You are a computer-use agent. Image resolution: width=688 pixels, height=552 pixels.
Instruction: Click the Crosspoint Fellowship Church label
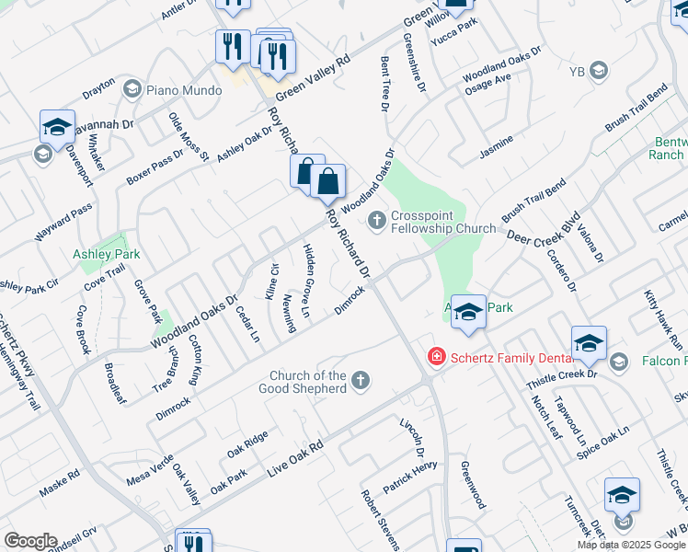(430, 222)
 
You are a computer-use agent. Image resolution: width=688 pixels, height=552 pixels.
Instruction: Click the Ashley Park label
(106, 253)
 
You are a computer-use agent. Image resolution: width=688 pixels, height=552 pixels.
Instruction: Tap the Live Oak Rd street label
(295, 457)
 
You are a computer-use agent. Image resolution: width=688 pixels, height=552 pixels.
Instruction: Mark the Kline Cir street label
(272, 281)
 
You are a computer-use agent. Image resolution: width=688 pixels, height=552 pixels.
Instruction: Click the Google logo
(30, 541)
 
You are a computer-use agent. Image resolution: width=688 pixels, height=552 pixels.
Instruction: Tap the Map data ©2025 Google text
(632, 545)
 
